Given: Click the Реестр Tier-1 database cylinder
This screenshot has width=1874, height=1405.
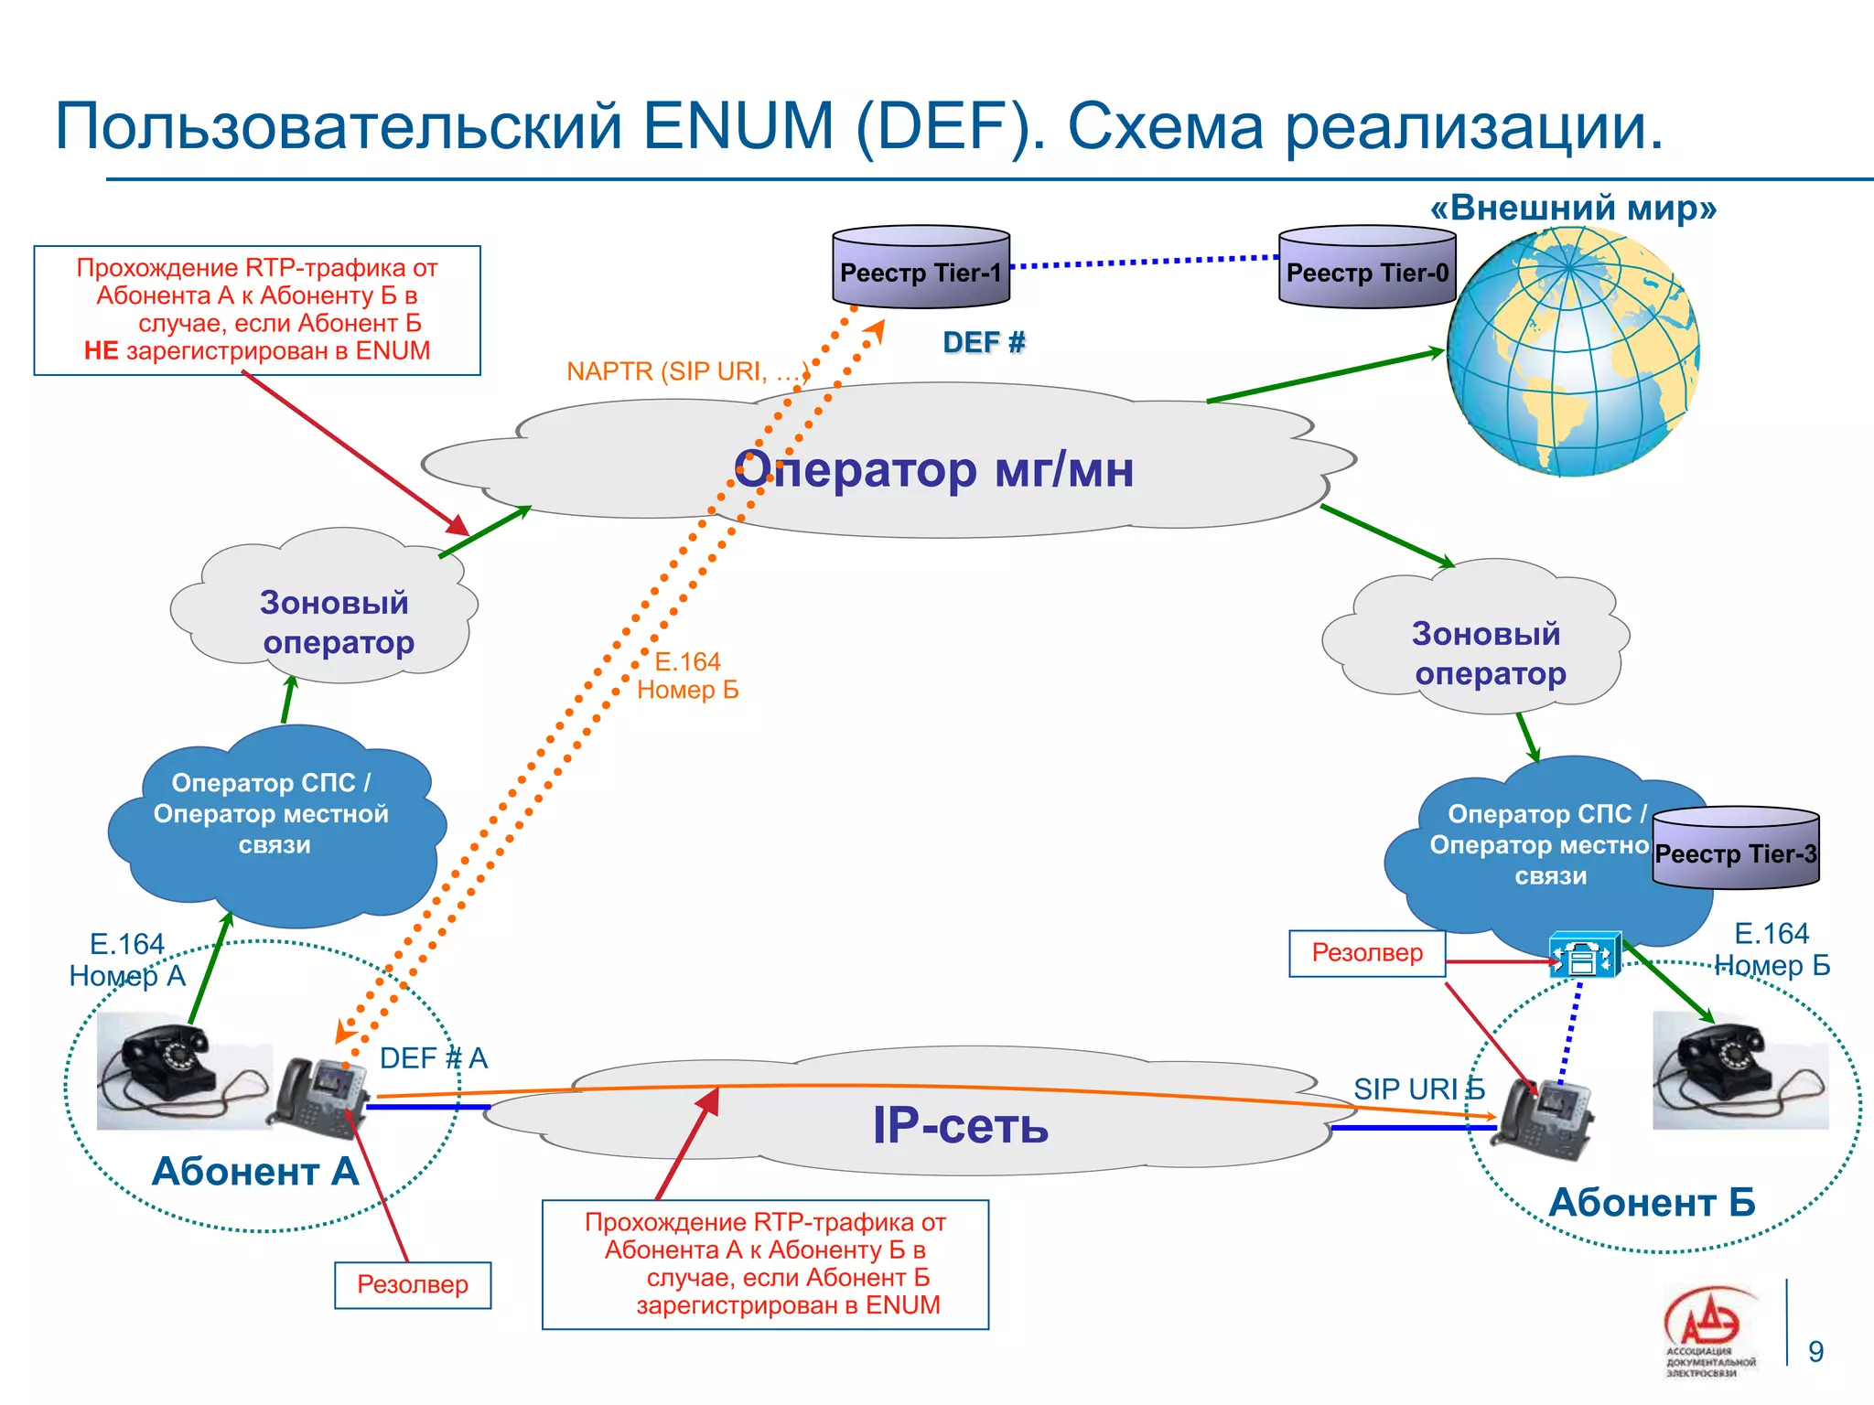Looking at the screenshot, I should click(921, 267).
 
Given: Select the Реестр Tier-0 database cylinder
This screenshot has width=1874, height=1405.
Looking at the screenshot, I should click(1367, 267).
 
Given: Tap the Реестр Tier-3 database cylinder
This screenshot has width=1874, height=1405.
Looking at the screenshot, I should click(1736, 848).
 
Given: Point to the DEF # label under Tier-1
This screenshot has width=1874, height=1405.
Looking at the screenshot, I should click(984, 342).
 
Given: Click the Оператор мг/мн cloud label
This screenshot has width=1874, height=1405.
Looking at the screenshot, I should click(933, 469).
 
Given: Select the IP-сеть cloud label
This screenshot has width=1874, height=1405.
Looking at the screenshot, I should click(960, 1124).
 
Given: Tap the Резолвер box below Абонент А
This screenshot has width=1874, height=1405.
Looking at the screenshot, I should click(413, 1285).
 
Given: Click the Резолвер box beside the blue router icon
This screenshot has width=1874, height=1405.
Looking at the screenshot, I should click(1367, 953).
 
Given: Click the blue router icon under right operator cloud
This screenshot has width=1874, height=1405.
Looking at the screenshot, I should click(1585, 957).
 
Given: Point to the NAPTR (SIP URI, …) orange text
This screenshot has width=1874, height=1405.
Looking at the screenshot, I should click(687, 371).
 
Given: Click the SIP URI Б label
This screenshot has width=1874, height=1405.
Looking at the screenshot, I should click(1418, 1089).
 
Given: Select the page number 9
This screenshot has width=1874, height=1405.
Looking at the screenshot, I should click(1815, 1351).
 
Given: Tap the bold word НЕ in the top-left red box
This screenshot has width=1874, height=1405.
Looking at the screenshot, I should click(101, 351).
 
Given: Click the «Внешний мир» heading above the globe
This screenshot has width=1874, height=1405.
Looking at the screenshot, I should click(1573, 208).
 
